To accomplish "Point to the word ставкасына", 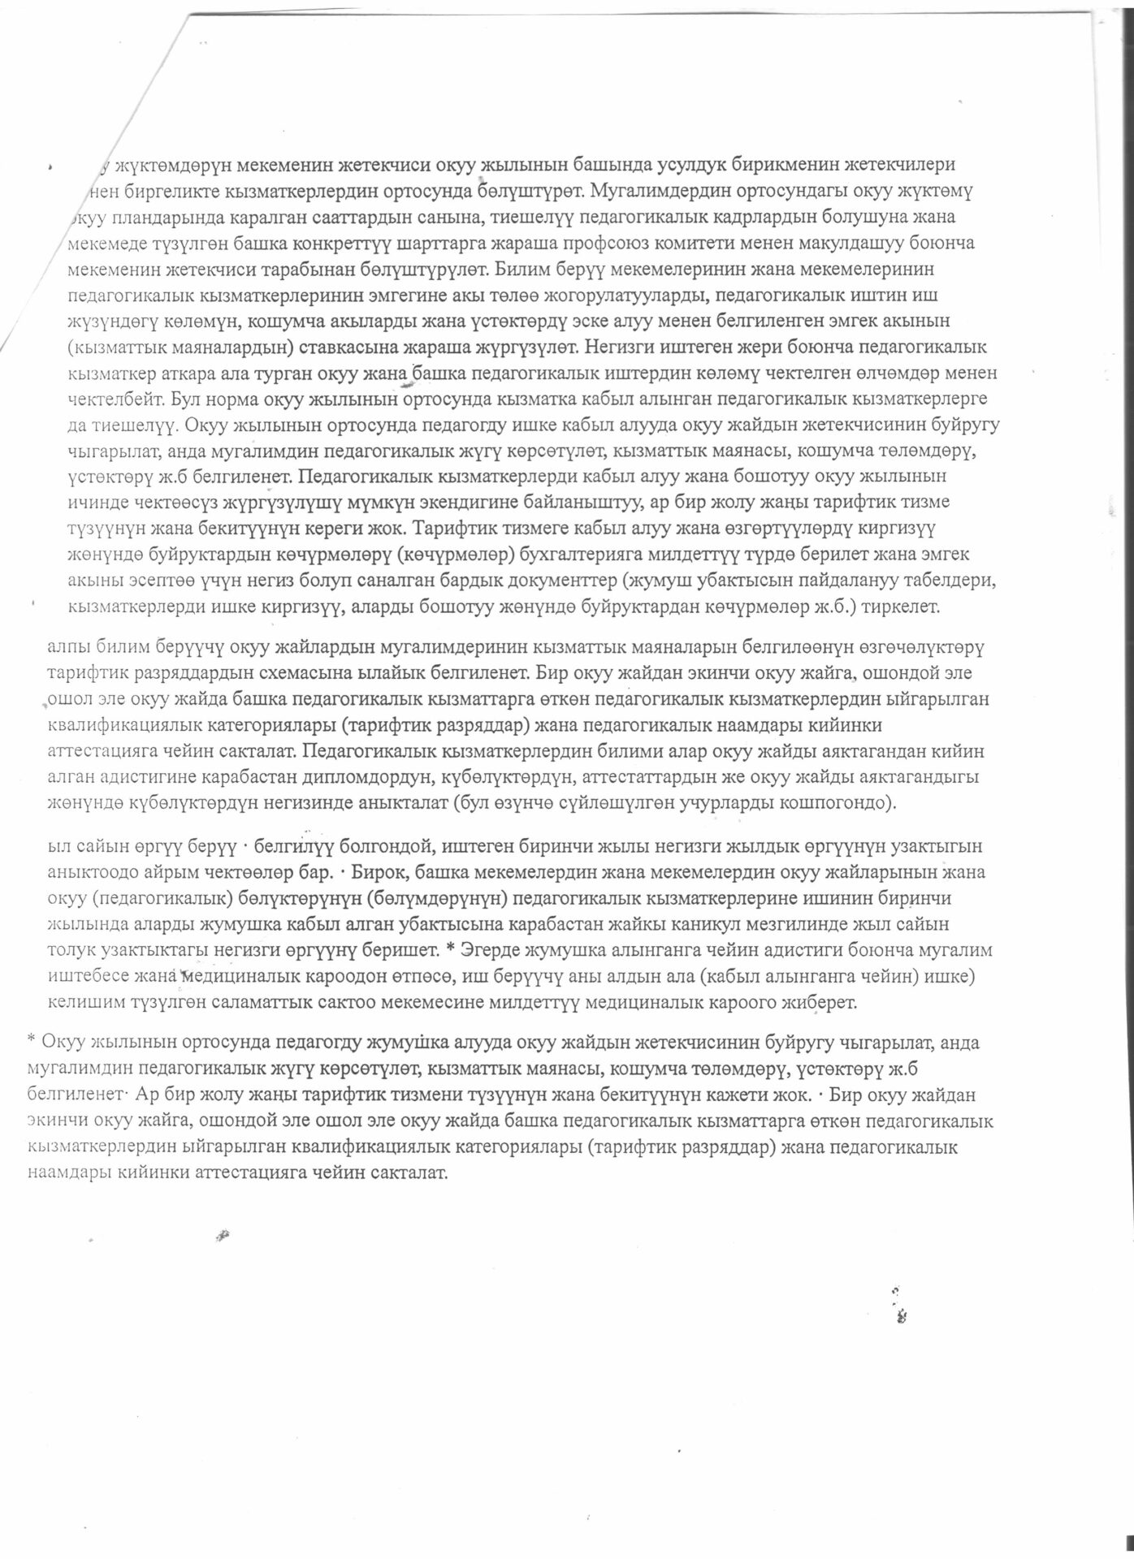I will [348, 348].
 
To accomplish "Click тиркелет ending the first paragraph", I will [904, 607].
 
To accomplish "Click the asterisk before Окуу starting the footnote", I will [31, 1040].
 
